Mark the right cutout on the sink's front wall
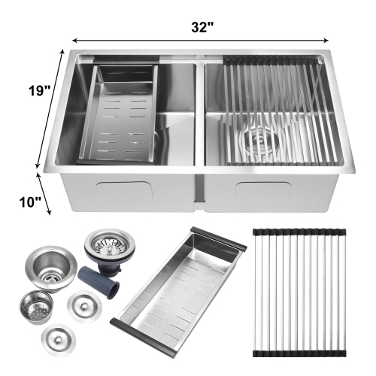pyautogui.click(x=271, y=191)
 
